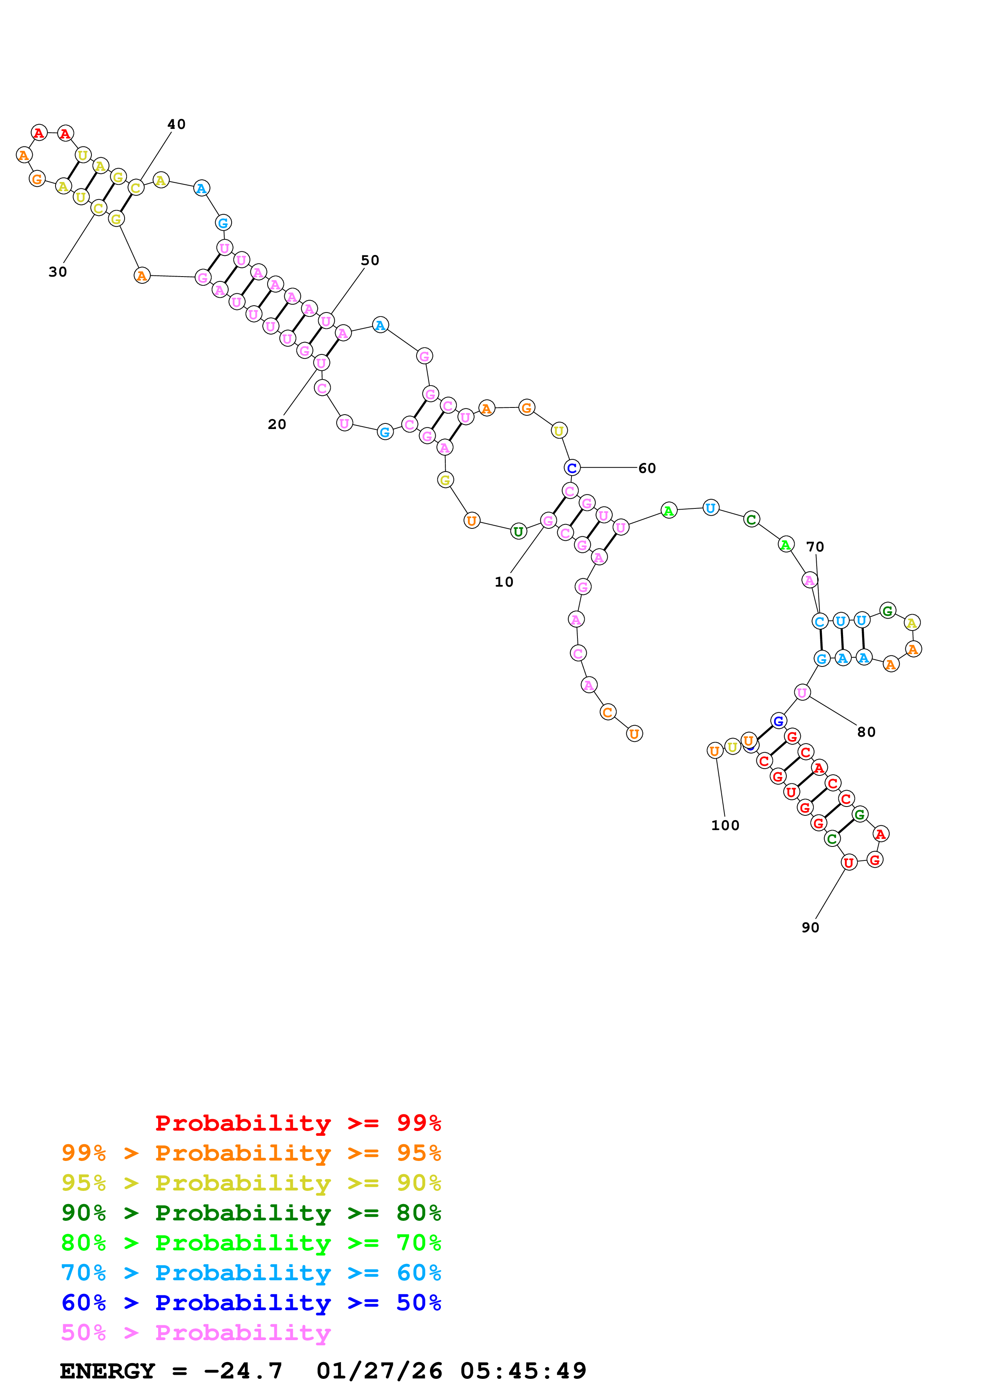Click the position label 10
coord(504,582)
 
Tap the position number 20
coord(277,424)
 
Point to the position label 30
coord(58,272)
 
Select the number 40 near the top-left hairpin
coord(176,125)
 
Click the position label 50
coord(370,260)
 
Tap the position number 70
coord(815,547)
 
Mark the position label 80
coord(866,732)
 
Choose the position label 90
coord(810,928)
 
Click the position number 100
coord(725,826)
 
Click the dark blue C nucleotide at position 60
coord(571,468)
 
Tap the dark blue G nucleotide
coord(778,721)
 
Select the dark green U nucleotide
coord(518,532)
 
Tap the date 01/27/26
coord(379,1371)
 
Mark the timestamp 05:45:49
coord(523,1371)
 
